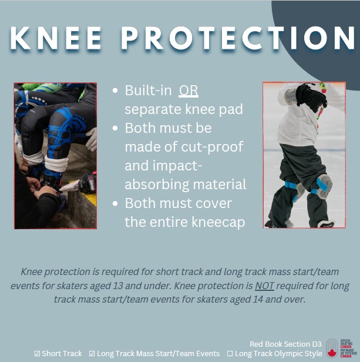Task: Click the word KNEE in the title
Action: click(x=56, y=38)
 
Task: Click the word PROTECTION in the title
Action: click(x=238, y=38)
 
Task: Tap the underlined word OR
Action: click(x=189, y=90)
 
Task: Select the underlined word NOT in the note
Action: click(x=264, y=286)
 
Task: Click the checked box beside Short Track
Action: click(x=37, y=353)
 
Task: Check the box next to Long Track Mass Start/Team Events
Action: click(x=92, y=353)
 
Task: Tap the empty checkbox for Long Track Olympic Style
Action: click(x=230, y=353)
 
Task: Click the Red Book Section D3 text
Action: click(x=285, y=344)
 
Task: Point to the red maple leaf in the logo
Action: click(x=332, y=353)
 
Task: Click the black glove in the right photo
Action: click(x=311, y=98)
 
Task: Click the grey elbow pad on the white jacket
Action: click(x=290, y=96)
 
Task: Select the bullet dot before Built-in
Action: click(x=115, y=90)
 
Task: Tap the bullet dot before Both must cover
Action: click(x=115, y=203)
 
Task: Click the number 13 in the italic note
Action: click(x=117, y=286)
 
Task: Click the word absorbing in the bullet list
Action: click(x=157, y=185)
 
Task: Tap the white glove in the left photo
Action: click(x=92, y=139)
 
